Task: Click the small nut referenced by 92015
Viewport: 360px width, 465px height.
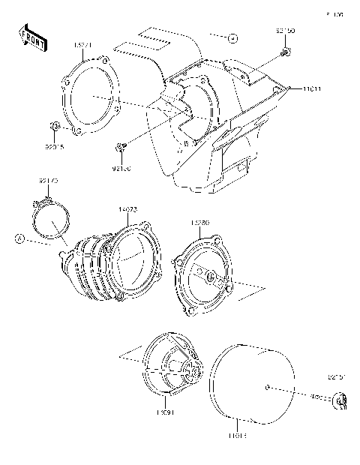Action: pyautogui.click(x=55, y=124)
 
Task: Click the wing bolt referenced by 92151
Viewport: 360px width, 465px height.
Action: pyautogui.click(x=339, y=402)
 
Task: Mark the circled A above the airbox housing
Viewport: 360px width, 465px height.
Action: pyautogui.click(x=233, y=35)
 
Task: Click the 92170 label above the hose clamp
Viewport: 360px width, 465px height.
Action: pyautogui.click(x=48, y=180)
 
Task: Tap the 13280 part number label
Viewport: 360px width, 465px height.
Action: pyautogui.click(x=201, y=222)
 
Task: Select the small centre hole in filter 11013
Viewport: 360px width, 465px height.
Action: pyautogui.click(x=268, y=388)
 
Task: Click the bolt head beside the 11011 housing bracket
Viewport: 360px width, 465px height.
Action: pyautogui.click(x=286, y=52)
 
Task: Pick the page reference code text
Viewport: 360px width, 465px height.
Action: pyautogui.click(x=334, y=13)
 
